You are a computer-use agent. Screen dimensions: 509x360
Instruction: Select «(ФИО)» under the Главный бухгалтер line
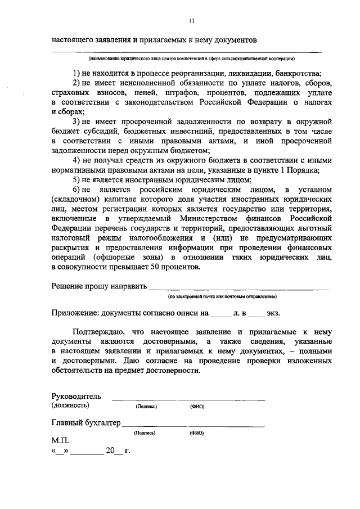197,433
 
